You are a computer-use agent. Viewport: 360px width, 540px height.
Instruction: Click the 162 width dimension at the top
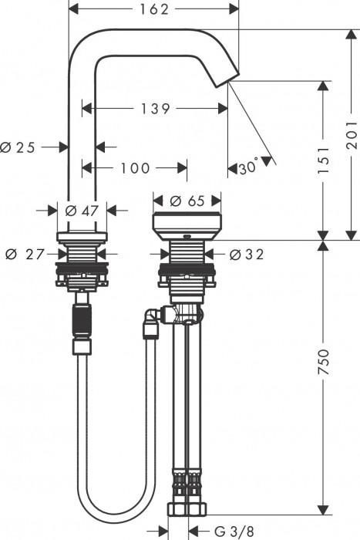click(154, 8)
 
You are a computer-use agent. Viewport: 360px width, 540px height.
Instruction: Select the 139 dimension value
click(155, 109)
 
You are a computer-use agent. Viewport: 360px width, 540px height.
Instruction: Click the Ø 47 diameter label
click(81, 209)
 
